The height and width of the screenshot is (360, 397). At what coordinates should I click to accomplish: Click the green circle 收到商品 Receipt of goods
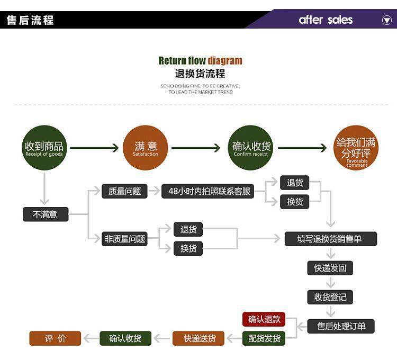point(44,148)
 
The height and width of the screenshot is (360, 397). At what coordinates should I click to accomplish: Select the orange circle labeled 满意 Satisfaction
point(146,148)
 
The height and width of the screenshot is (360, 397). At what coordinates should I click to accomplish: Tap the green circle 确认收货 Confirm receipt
point(251,148)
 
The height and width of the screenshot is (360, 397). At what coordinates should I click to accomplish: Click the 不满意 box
point(45,214)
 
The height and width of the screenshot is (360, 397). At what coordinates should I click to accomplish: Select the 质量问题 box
point(124,191)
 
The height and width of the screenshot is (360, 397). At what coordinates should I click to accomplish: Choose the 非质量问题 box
point(124,239)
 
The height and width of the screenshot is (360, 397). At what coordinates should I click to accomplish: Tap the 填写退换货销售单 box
point(331,239)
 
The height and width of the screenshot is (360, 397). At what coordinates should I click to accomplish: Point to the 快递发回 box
point(330,268)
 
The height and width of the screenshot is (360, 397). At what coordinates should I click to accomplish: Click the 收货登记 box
point(330,297)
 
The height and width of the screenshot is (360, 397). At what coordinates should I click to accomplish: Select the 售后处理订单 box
point(341,326)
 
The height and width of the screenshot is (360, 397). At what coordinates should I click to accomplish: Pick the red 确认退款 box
point(264,319)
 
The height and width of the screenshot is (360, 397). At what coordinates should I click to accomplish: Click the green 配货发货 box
point(264,338)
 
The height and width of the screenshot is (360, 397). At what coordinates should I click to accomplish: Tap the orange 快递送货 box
point(198,338)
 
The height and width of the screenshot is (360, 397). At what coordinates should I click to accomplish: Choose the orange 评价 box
point(55,338)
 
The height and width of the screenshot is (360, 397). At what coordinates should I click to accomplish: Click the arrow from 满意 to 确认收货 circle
point(195,148)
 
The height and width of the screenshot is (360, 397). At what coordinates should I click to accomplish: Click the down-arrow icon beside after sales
point(387,20)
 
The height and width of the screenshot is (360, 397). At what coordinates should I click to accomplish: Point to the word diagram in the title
point(225,61)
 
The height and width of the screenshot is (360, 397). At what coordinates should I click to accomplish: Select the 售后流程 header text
point(30,20)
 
